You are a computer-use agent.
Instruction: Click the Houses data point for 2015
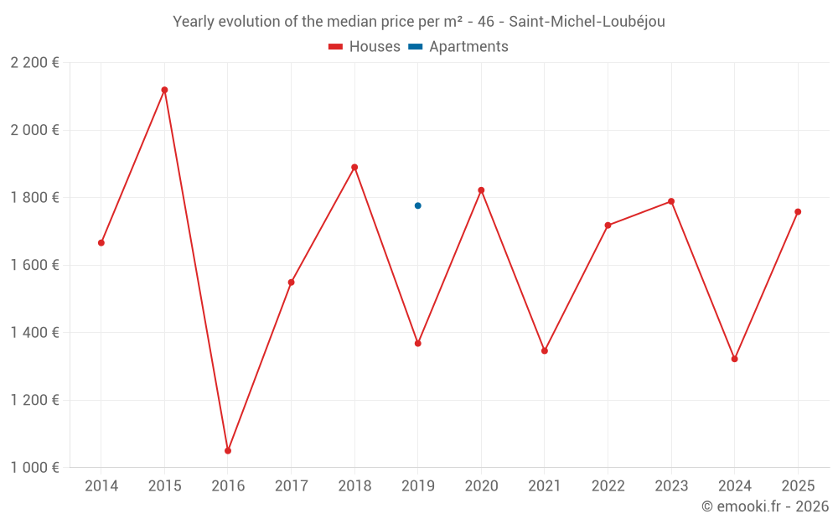164,90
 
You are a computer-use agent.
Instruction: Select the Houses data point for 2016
228,451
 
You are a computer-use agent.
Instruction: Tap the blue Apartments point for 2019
417,205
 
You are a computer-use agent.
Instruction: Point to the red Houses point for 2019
417,343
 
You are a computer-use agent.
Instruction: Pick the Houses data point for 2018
354,167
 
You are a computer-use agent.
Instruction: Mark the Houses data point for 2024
734,359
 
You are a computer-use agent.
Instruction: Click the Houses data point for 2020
481,190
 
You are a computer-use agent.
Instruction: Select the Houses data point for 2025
798,212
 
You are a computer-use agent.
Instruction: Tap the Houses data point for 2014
101,243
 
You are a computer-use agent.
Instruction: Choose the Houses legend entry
365,47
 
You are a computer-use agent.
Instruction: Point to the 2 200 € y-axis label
34,63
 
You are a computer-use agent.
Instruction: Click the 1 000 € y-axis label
34,467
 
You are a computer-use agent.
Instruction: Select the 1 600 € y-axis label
34,265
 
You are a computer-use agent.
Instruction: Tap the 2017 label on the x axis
291,486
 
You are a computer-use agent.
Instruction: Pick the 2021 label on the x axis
545,486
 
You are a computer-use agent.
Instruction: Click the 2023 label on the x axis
671,486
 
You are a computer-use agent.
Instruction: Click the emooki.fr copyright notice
765,506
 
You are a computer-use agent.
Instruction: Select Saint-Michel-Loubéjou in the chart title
587,22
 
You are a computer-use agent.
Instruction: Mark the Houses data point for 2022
608,226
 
